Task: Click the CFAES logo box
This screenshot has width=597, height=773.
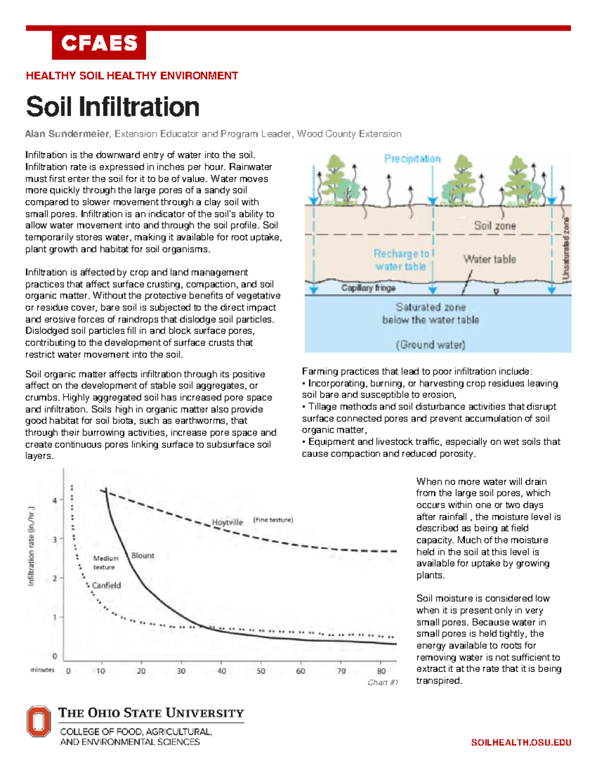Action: (99, 44)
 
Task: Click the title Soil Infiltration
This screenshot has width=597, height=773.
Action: (112, 107)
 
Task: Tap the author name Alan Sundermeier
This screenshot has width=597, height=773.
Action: (67, 134)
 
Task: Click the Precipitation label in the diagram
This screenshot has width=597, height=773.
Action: (412, 159)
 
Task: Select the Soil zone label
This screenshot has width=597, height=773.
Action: (495, 225)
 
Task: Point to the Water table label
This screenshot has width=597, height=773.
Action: (490, 259)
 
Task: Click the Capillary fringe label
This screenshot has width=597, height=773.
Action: (368, 288)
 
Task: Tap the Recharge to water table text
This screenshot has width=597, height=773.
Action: (401, 260)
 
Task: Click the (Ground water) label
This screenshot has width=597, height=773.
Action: (430, 344)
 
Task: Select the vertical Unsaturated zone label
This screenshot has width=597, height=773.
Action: (566, 248)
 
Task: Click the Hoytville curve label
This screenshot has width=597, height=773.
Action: (227, 522)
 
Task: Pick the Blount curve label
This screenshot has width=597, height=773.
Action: (143, 555)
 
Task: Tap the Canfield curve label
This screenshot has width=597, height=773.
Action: (106, 585)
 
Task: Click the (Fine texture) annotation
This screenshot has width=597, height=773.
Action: (273, 520)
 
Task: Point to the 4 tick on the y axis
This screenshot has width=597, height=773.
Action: (55, 500)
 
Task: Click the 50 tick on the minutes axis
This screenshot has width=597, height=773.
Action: (261, 671)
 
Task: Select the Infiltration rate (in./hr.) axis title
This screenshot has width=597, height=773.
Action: (31, 546)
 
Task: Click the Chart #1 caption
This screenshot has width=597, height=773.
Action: (383, 682)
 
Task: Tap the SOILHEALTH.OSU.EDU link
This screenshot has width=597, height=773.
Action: (521, 743)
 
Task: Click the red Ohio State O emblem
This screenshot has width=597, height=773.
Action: (39, 721)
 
